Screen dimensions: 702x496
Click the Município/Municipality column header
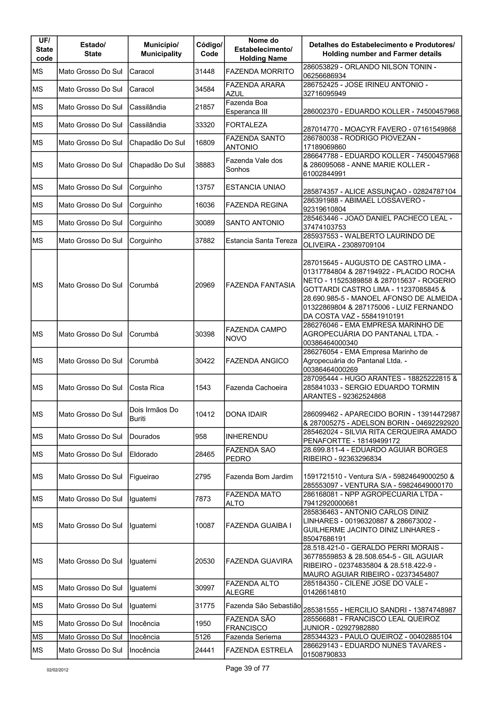pos(161,49)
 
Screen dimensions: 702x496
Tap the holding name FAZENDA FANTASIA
pos(260,285)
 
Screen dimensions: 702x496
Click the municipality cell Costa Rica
pos(147,388)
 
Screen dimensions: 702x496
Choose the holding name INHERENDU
pos(246,437)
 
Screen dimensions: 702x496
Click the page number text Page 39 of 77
pos(247,668)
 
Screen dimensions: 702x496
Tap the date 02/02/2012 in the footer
pos(57,670)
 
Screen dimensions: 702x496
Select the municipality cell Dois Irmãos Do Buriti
pos(154,414)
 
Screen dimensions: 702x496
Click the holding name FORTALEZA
pos(246,125)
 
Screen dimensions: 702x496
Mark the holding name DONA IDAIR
pos(246,414)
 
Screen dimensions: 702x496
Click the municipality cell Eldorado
pos(143,454)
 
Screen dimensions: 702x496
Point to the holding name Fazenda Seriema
pos(253,637)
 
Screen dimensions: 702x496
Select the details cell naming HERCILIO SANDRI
pos(379,610)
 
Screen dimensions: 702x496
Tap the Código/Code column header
pos(209,49)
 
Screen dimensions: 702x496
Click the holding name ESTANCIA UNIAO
pos(255,187)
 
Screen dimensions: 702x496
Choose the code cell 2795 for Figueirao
pos(203,477)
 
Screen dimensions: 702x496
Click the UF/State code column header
pos(44,49)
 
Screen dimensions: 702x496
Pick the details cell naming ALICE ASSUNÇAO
pos(379,192)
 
